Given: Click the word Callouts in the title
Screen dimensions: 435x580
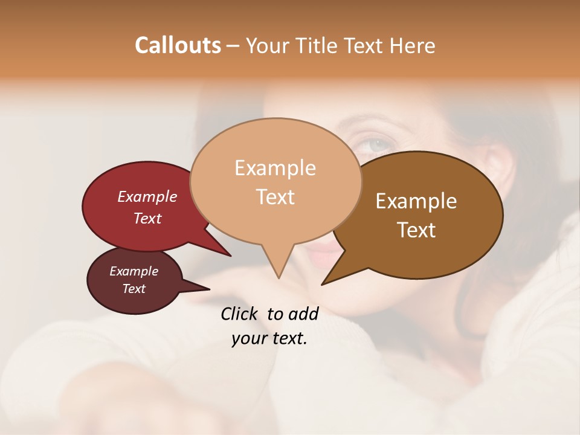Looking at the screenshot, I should point(178,45).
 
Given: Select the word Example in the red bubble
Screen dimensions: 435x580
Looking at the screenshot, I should point(147,196).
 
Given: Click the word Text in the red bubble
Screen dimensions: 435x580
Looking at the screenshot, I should point(147,218).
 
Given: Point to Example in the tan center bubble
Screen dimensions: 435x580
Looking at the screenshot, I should point(275,168).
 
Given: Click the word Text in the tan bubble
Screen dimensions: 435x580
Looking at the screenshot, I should point(275,197).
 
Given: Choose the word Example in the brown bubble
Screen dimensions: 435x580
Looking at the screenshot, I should point(416,201).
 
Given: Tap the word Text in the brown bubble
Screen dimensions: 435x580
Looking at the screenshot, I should point(416,230).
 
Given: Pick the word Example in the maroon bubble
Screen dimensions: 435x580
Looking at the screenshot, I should point(134,271).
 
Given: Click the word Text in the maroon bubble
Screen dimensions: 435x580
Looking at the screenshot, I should point(134,289).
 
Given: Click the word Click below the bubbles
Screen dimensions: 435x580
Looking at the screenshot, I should point(240,314).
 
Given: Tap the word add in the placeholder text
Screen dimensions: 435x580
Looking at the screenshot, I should point(303,314).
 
